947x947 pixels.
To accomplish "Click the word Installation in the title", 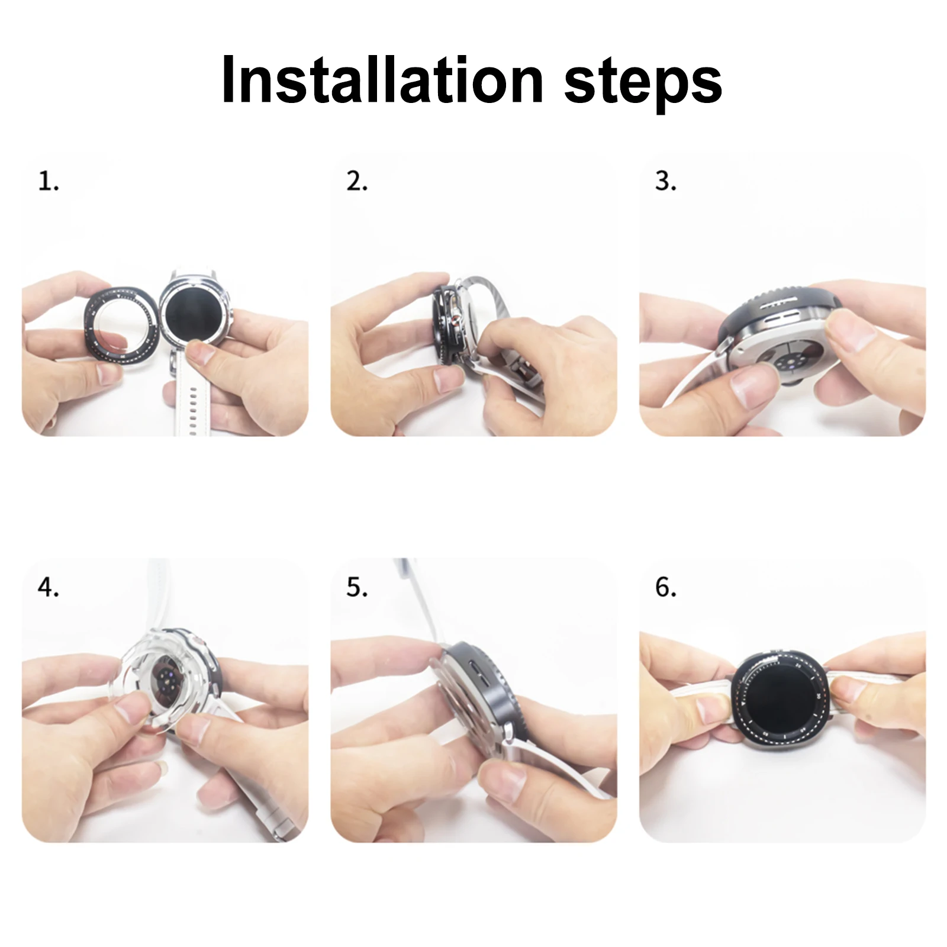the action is pos(382,79).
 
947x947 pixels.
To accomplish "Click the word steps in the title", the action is pos(644,82).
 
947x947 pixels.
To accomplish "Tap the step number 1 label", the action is pos(49,182).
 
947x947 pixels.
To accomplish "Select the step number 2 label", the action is pos(357,182).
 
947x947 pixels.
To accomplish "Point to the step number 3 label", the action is pos(666,182).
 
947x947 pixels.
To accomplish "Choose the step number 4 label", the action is pos(49,588).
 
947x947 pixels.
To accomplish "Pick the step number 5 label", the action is pos(357,588).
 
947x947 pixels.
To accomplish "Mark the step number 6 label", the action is pos(666,588).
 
